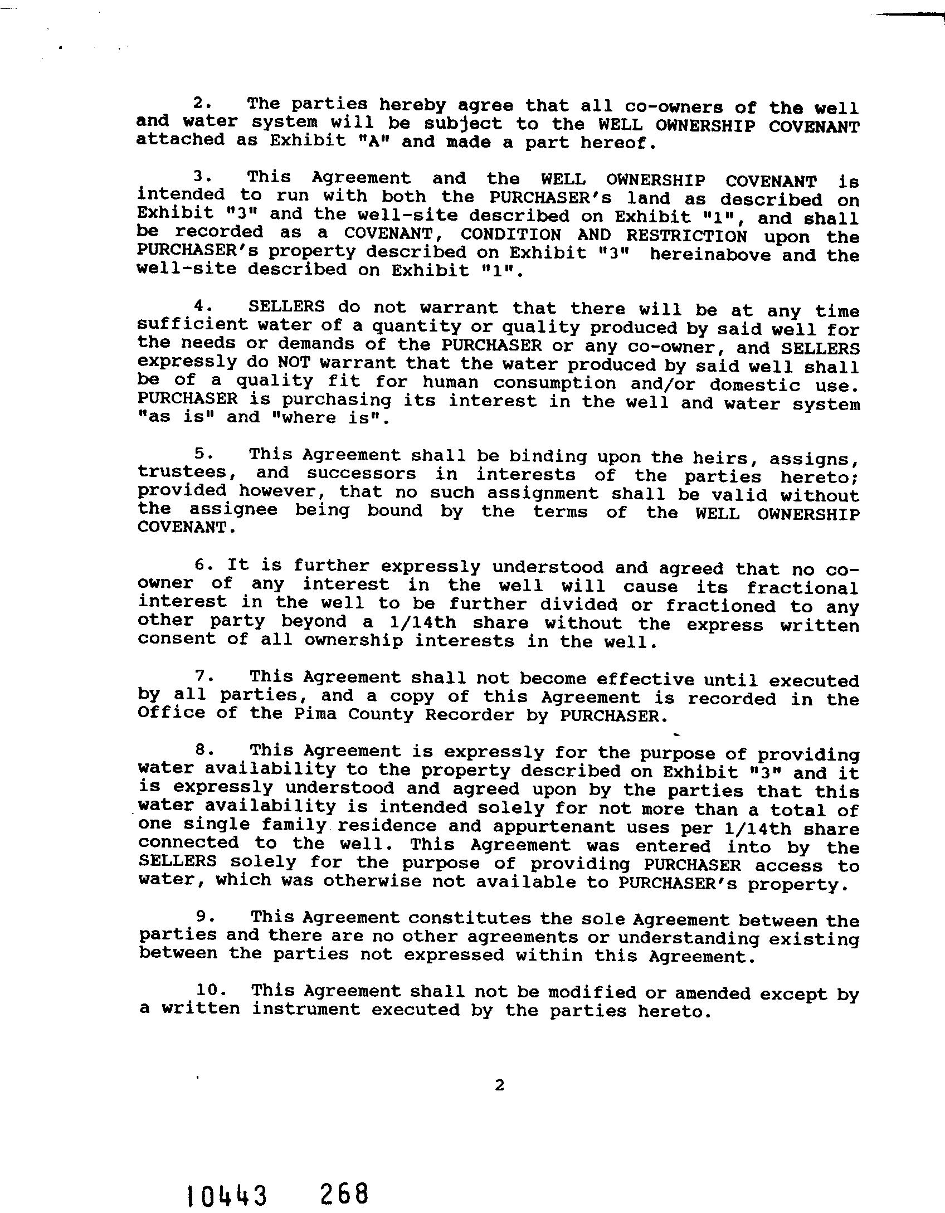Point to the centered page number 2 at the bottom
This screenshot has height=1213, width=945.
coord(499,1085)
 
